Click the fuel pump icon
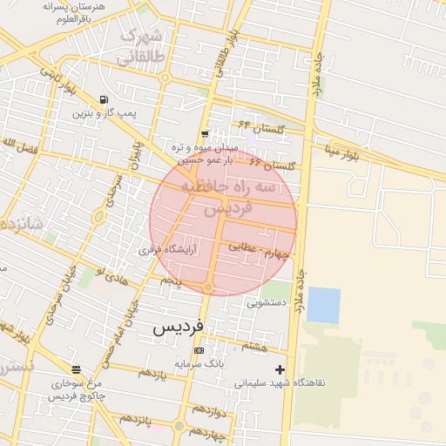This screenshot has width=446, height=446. click(105, 98)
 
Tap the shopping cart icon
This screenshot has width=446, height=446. click(204, 134)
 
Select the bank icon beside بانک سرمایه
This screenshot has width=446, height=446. click(210, 350)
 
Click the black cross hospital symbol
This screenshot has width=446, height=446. click(279, 369)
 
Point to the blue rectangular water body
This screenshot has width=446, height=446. click(323, 305)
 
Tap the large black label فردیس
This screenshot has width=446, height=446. click(178, 327)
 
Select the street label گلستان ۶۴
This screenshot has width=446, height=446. click(256, 127)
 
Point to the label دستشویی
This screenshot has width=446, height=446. click(267, 303)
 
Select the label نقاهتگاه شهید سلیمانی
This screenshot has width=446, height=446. click(279, 382)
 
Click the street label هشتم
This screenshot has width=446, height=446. click(254, 346)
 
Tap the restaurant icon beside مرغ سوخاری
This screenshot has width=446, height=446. click(77, 370)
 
